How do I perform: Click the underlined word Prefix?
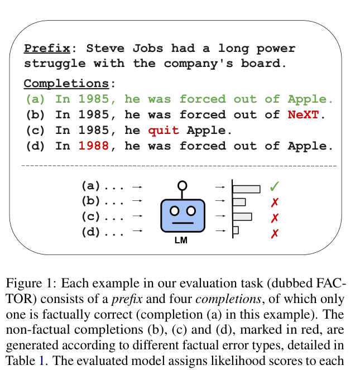47,49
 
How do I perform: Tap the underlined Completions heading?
66,84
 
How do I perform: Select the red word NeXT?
303,115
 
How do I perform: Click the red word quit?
164,131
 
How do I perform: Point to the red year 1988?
93,146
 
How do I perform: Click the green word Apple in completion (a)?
307,99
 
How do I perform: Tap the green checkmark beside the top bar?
275,186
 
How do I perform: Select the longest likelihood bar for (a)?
247,189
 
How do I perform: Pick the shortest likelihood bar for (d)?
236,230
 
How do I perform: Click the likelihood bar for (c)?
242,217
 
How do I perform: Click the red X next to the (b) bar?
275,203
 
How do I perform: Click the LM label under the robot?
181,241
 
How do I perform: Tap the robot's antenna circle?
183,186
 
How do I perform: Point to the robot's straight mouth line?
183,223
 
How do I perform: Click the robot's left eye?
175,211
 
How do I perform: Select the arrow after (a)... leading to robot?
137,187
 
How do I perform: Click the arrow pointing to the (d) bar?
220,230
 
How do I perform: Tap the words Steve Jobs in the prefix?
124,49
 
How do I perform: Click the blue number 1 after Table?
41,361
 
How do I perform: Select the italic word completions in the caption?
228,299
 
